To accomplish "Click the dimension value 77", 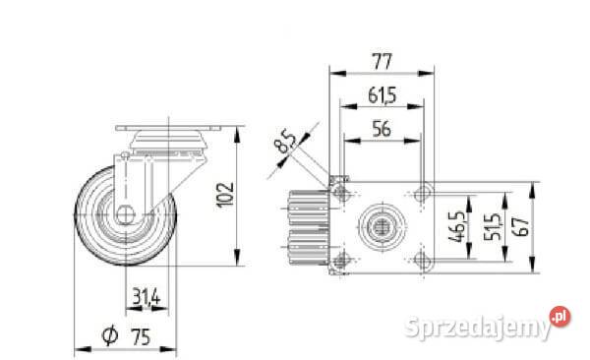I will [x=382, y=61].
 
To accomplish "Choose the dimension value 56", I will [x=382, y=127].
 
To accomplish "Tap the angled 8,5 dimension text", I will [x=286, y=145].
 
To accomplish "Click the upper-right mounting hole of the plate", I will [x=423, y=193].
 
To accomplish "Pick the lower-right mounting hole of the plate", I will [x=423, y=260].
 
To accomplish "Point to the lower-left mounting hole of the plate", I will [x=341, y=260].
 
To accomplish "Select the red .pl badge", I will [x=561, y=317].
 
